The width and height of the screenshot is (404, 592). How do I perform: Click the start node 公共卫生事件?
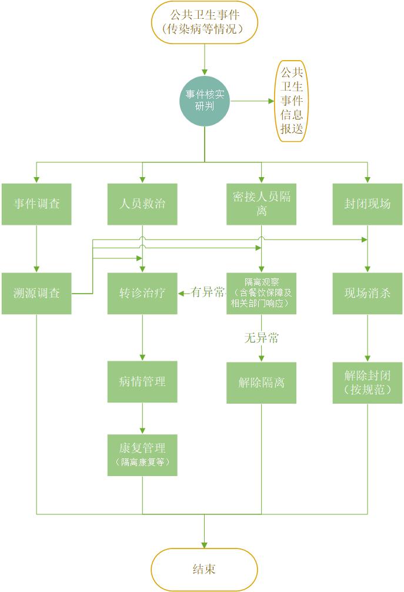[205, 22]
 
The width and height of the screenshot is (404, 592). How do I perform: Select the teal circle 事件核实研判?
[205, 101]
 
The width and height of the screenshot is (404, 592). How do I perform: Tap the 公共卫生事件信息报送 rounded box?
[292, 101]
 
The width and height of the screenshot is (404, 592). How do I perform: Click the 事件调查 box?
[36, 204]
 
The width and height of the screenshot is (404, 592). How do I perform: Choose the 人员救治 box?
[142, 204]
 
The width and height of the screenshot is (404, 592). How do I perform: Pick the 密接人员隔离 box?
[262, 204]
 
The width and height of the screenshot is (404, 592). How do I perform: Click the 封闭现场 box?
[368, 204]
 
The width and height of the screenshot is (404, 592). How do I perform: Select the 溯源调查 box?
[36, 293]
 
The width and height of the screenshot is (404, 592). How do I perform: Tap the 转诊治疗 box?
[142, 293]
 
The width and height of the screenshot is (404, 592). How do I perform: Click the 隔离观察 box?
[262, 293]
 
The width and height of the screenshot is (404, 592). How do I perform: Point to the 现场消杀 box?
[368, 293]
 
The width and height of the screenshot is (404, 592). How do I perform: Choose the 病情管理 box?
[142, 381]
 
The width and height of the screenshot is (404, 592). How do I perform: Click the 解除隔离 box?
[262, 382]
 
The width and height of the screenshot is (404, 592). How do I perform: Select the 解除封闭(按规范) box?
[368, 382]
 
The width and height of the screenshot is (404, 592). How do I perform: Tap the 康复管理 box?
[142, 455]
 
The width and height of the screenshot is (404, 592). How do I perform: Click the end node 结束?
[205, 569]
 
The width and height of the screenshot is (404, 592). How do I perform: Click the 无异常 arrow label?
[262, 338]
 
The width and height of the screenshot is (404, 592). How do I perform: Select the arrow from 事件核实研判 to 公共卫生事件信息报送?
[252, 101]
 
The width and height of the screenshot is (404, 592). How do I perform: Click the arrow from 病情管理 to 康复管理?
[142, 418]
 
